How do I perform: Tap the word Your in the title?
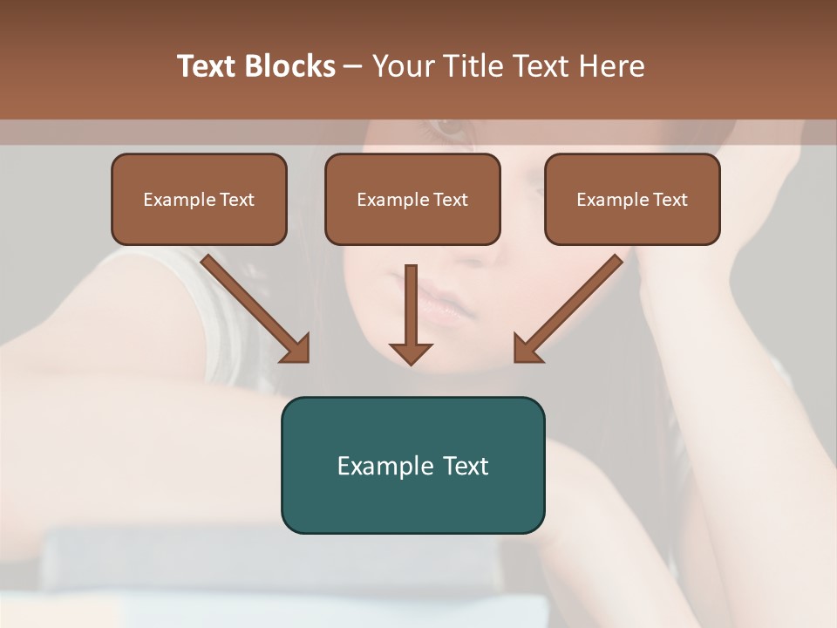click(402, 66)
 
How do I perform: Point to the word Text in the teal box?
click(466, 466)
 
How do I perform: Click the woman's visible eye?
click(451, 129)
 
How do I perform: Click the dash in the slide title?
click(353, 67)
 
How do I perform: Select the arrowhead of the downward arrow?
click(411, 352)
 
